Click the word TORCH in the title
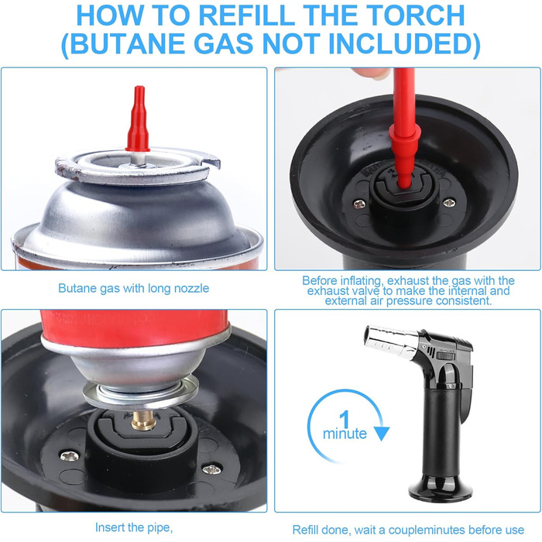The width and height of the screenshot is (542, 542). click(x=416, y=15)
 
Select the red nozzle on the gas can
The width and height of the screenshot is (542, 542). click(x=139, y=119)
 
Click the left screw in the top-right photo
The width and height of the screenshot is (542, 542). click(x=359, y=204)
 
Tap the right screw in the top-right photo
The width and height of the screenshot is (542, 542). click(x=449, y=203)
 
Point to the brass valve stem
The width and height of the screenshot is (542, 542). click(x=144, y=420)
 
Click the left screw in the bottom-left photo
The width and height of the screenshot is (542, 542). click(x=70, y=456)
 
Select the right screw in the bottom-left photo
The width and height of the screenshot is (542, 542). click(x=211, y=469)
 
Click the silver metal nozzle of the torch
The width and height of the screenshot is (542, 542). click(x=391, y=341)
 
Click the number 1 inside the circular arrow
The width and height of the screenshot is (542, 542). click(x=345, y=420)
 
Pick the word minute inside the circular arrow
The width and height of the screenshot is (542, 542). click(x=345, y=434)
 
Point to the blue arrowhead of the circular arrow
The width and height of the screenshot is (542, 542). click(x=382, y=434)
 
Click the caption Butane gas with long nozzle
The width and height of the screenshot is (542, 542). click(x=133, y=288)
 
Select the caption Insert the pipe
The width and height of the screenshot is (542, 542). click(x=134, y=527)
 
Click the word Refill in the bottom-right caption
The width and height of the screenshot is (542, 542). click(x=306, y=530)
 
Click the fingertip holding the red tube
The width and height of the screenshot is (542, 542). click(x=372, y=74)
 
